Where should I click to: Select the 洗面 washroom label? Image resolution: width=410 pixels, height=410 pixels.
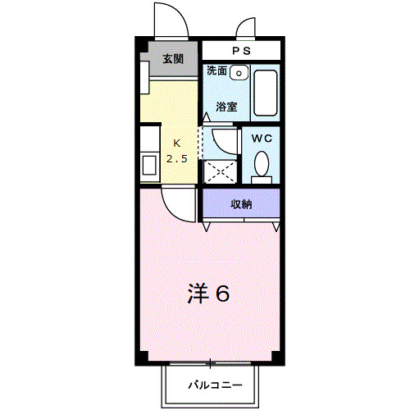216,71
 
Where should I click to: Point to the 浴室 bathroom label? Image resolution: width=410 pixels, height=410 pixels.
226,106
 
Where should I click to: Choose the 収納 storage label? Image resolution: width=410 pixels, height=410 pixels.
240,203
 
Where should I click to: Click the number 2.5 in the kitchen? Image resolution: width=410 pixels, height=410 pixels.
177,157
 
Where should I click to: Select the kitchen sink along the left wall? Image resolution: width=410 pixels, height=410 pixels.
149,166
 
